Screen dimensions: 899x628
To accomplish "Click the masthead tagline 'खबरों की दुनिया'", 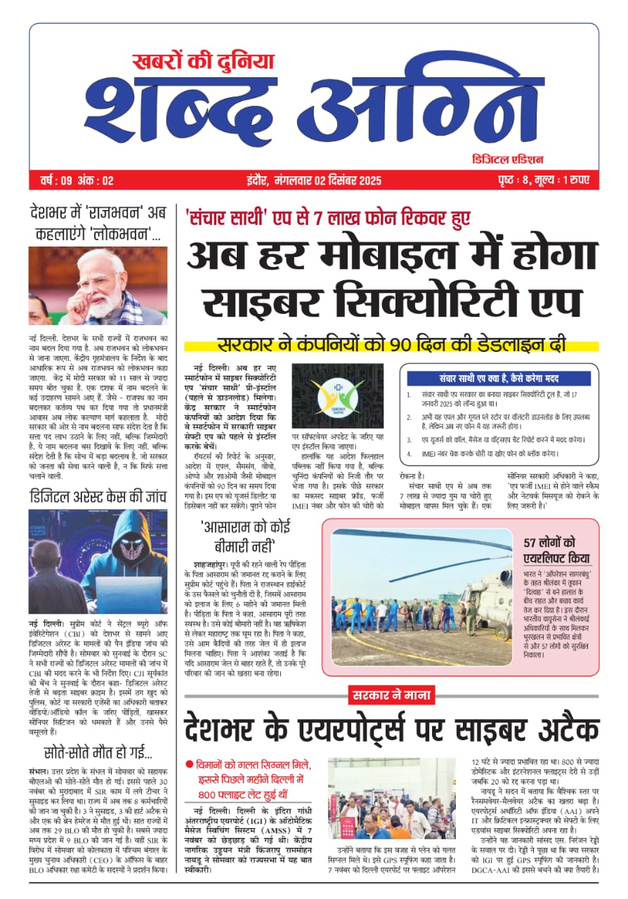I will coord(204,62).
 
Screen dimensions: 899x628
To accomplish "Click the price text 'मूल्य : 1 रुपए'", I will coord(563,181).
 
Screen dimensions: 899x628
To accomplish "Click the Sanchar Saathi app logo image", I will coord(337,396).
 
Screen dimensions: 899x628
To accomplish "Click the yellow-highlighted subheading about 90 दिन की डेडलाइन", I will coord(391,346).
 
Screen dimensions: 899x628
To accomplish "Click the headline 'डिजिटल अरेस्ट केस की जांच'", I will coord(98,497).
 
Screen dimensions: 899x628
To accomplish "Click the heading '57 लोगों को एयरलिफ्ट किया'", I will coord(559,550).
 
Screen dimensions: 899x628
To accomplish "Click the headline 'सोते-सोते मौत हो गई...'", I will coord(98,752).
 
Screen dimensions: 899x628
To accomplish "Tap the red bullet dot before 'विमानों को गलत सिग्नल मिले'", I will coord(189,764).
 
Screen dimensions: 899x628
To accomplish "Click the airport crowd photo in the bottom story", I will coord(391,798).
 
